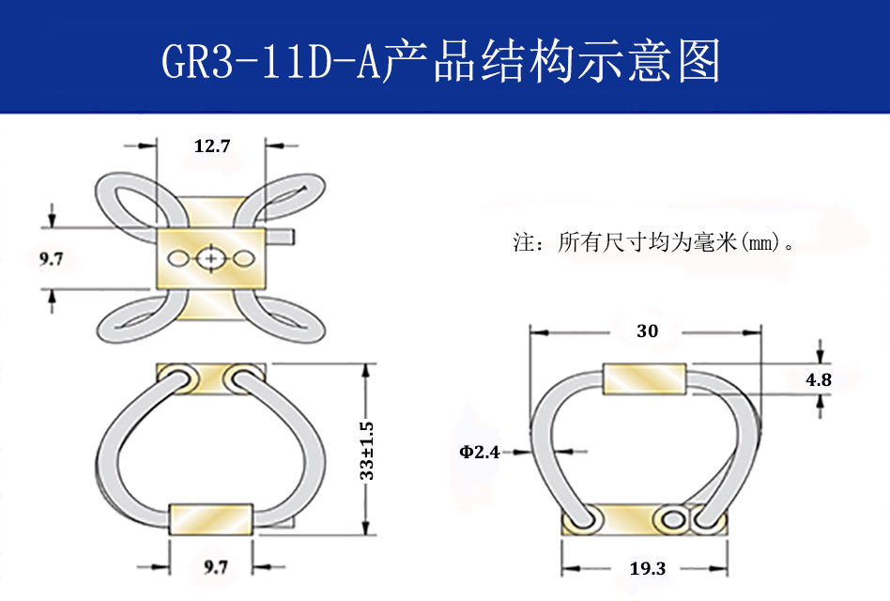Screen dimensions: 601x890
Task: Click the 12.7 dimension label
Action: coord(212,146)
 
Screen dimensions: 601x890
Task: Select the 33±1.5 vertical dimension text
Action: coord(367,450)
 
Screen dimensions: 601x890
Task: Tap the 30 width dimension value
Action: coord(647,331)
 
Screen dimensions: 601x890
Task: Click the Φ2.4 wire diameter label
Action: coord(479,452)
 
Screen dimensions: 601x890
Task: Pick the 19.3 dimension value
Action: coord(648,568)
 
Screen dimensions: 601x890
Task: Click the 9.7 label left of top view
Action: coord(52,259)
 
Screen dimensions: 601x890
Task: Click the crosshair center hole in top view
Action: coord(212,257)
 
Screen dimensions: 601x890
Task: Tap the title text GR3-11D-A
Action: coord(269,62)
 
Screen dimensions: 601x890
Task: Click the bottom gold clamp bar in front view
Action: coord(210,518)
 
